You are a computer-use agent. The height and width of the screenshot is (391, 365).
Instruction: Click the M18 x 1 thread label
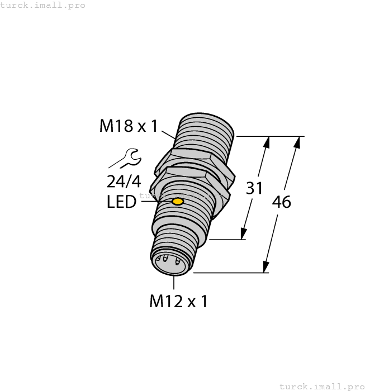[x=129, y=126]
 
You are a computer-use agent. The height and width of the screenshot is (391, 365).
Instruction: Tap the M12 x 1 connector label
[x=178, y=302]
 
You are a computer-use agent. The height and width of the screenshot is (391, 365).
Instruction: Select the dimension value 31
[x=254, y=189]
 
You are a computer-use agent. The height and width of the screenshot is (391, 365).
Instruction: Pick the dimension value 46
[x=281, y=202]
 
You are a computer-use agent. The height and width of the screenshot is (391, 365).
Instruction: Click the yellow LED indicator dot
[x=178, y=201]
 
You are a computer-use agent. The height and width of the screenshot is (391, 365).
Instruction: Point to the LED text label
[x=121, y=202]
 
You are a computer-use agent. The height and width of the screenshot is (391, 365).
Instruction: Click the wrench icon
[x=124, y=158]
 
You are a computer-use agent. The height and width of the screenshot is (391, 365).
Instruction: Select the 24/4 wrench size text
[x=122, y=181]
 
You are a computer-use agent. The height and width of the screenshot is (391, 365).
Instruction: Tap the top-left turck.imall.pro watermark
[x=44, y=5]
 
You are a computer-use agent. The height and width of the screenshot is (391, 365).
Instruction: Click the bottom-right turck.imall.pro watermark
[x=321, y=386]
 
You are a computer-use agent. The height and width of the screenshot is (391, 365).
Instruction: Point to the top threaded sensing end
[x=204, y=131]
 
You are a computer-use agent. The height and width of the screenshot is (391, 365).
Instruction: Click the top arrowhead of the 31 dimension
[x=267, y=142]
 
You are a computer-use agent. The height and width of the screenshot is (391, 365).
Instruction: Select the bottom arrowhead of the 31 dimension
[x=244, y=233]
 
